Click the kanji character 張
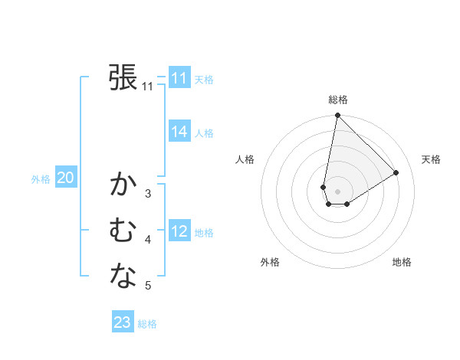point(123,77)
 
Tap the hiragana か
point(123,185)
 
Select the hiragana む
point(123,231)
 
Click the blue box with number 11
point(179,78)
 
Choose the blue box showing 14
point(179,132)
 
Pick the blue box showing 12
point(179,231)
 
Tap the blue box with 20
point(66,178)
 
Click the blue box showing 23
point(122,322)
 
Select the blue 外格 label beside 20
point(41,179)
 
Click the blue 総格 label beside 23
point(147,324)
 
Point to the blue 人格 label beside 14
point(204,133)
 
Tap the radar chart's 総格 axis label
point(337,100)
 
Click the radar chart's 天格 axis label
point(431,159)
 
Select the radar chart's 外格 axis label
point(269,262)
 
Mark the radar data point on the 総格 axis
point(337,116)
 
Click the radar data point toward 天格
point(396,172)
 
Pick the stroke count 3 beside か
point(148,194)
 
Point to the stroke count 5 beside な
point(148,286)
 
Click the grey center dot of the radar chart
point(337,191)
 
